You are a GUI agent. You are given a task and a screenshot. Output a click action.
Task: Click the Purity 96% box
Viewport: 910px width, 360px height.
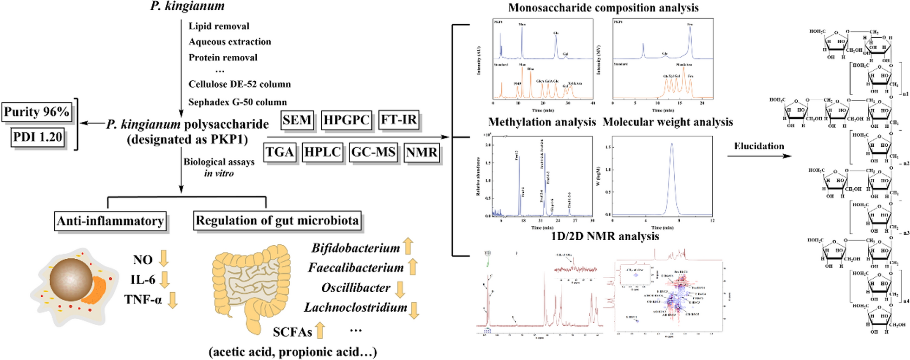(x=37, y=112)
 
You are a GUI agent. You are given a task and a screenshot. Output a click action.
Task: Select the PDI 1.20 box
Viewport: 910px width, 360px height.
(x=38, y=137)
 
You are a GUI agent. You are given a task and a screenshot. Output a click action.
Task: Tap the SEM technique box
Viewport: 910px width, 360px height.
(x=297, y=120)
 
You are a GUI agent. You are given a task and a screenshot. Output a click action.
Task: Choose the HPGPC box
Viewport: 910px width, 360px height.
(x=346, y=120)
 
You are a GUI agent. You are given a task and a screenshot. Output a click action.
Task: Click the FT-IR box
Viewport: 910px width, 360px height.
(x=399, y=120)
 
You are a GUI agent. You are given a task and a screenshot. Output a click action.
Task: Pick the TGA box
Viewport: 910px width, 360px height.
(x=280, y=152)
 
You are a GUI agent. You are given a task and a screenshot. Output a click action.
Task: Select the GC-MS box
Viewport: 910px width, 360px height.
(x=373, y=152)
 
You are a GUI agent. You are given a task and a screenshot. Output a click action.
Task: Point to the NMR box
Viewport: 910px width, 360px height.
(x=421, y=152)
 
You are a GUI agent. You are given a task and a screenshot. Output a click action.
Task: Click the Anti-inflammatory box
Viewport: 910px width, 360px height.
(x=110, y=221)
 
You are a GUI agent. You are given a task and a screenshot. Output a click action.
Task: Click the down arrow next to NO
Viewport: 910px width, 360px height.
(x=163, y=258)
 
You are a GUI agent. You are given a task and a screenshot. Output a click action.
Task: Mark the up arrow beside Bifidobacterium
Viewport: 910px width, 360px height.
(x=408, y=246)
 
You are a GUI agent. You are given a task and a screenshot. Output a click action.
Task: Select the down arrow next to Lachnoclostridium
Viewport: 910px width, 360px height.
(x=414, y=310)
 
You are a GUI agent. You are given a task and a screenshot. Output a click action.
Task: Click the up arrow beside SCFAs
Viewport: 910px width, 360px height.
(x=320, y=331)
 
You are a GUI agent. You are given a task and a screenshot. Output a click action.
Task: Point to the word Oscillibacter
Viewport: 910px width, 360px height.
(x=356, y=288)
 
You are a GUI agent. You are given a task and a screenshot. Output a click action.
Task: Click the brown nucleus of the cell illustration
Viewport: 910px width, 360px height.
(x=71, y=280)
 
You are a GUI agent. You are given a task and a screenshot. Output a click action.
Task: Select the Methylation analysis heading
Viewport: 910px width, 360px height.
(x=542, y=122)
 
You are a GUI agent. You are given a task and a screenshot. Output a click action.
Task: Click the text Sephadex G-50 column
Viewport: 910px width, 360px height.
(x=237, y=102)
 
